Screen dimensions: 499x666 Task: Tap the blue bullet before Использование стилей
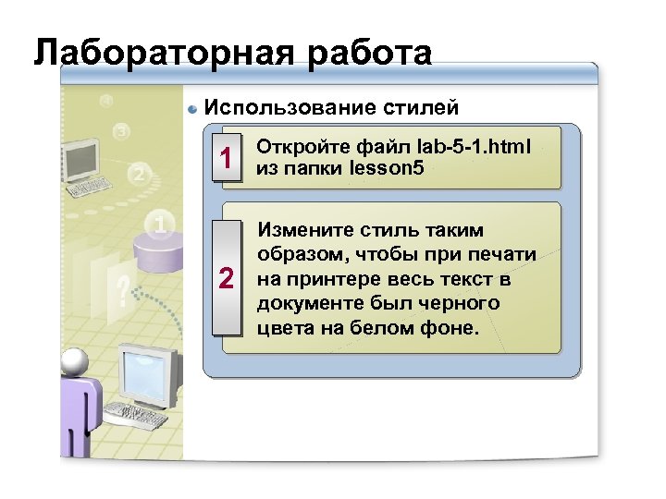point(192,109)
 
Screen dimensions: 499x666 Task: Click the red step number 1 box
point(224,160)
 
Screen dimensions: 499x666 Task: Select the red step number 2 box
point(224,278)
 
